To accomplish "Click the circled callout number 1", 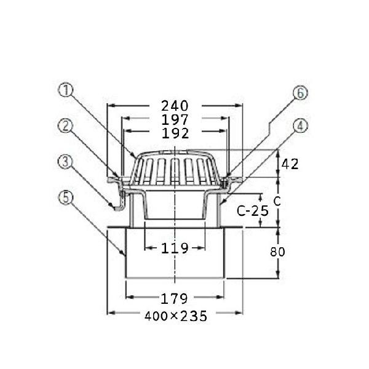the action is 66,90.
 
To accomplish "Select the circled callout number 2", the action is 65,125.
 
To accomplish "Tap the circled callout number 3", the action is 65,162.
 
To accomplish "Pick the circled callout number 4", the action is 300,126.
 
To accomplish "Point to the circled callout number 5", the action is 65,197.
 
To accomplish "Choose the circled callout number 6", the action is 300,93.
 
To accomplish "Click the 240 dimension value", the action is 175,106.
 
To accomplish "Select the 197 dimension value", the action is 175,120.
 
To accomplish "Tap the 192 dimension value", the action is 175,133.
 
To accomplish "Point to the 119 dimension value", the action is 175,248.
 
